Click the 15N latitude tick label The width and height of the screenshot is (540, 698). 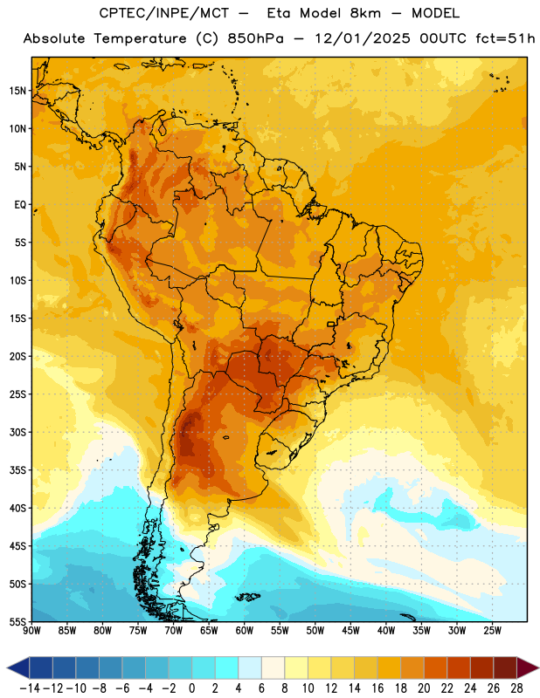(17, 91)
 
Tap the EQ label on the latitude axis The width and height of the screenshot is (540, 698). (20, 205)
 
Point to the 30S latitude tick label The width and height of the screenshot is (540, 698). (17, 432)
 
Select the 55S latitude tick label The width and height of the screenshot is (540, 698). (17, 622)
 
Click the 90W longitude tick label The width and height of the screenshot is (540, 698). (31, 631)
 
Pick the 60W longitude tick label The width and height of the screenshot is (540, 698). (245, 631)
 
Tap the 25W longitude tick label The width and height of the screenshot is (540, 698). (492, 631)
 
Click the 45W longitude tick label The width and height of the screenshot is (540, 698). (350, 631)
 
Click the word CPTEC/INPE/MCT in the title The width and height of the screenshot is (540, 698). (164, 13)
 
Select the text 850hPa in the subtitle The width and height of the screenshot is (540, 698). (255, 38)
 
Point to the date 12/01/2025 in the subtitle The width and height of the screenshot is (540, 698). (363, 38)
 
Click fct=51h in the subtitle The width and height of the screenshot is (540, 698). (505, 38)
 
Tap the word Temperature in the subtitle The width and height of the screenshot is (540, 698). (140, 38)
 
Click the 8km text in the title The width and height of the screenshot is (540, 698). (365, 13)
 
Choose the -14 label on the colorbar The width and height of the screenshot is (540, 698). (30, 688)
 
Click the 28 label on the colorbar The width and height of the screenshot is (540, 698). (516, 688)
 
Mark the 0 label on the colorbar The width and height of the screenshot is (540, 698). (191, 688)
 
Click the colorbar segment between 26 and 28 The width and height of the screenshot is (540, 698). (505, 667)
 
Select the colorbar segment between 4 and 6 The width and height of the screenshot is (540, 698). (250, 667)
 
